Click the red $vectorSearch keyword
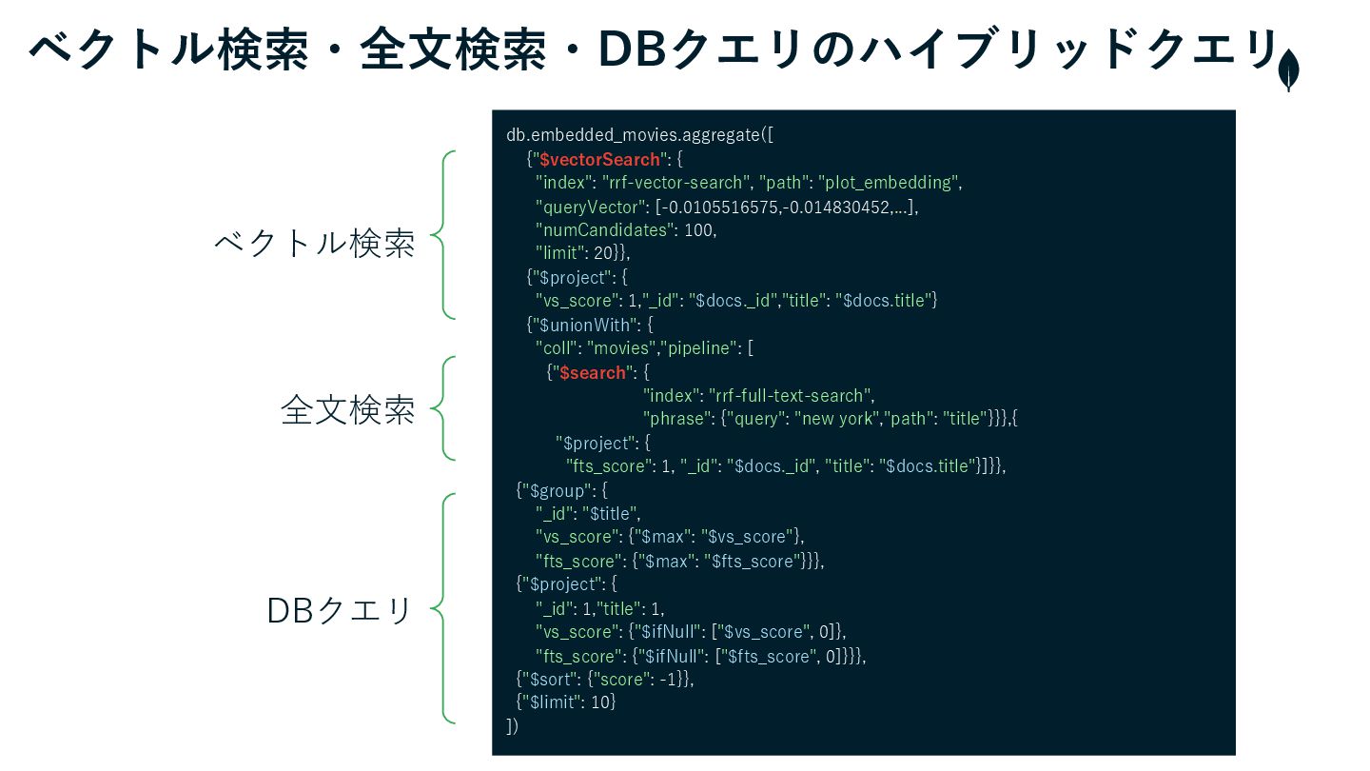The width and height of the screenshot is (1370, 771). tap(599, 160)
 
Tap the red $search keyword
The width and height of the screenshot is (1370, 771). tap(593, 373)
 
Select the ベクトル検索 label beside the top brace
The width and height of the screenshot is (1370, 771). tap(315, 244)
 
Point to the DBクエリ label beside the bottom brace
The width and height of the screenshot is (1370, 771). tap(340, 610)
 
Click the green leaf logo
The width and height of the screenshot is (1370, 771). tap(1288, 70)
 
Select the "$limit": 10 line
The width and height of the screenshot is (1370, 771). tap(566, 702)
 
